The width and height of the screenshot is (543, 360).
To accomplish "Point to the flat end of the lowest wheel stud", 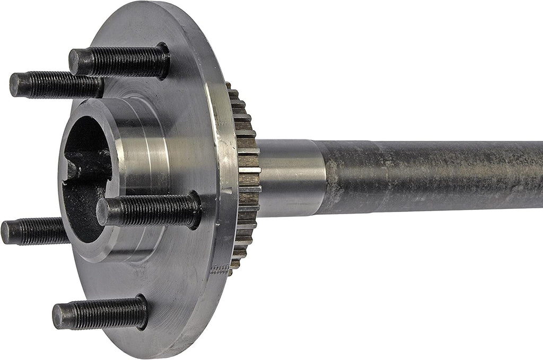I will [x=58, y=316].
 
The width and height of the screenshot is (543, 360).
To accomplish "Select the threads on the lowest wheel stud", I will [x=101, y=314].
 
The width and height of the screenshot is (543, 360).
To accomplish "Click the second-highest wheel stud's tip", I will [x=16, y=85].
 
